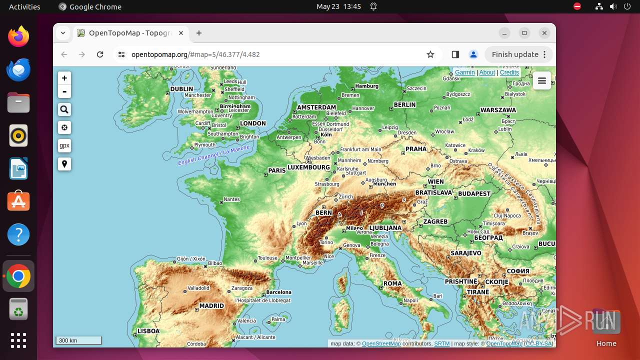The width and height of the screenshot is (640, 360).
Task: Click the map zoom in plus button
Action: pos(64,78)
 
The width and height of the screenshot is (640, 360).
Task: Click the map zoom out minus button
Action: pos(64,91)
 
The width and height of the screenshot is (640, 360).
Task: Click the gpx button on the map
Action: pos(64,145)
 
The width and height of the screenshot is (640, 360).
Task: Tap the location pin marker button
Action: pos(64,164)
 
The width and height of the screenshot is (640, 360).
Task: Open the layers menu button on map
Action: pos(542,80)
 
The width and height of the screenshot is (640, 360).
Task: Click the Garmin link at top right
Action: pos(464,72)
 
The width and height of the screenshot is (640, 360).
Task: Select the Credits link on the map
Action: pos(509,72)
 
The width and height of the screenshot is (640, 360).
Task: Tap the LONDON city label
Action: pos(252,123)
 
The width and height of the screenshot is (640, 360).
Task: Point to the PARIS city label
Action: pos(276,170)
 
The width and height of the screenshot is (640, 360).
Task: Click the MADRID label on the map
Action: pos(211,306)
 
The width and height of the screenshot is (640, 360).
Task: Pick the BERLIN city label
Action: pos(404,105)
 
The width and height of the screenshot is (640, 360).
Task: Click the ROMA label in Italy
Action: pos(392,283)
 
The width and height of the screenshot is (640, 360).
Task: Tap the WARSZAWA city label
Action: pos(498,110)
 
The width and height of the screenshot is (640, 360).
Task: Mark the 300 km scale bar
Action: pos(78,340)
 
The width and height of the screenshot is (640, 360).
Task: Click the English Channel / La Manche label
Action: pos(213,155)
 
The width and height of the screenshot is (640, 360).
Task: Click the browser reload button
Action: pos(100,54)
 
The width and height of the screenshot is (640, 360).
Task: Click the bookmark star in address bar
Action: pos(430,54)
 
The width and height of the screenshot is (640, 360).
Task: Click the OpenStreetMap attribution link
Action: pos(381,343)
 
